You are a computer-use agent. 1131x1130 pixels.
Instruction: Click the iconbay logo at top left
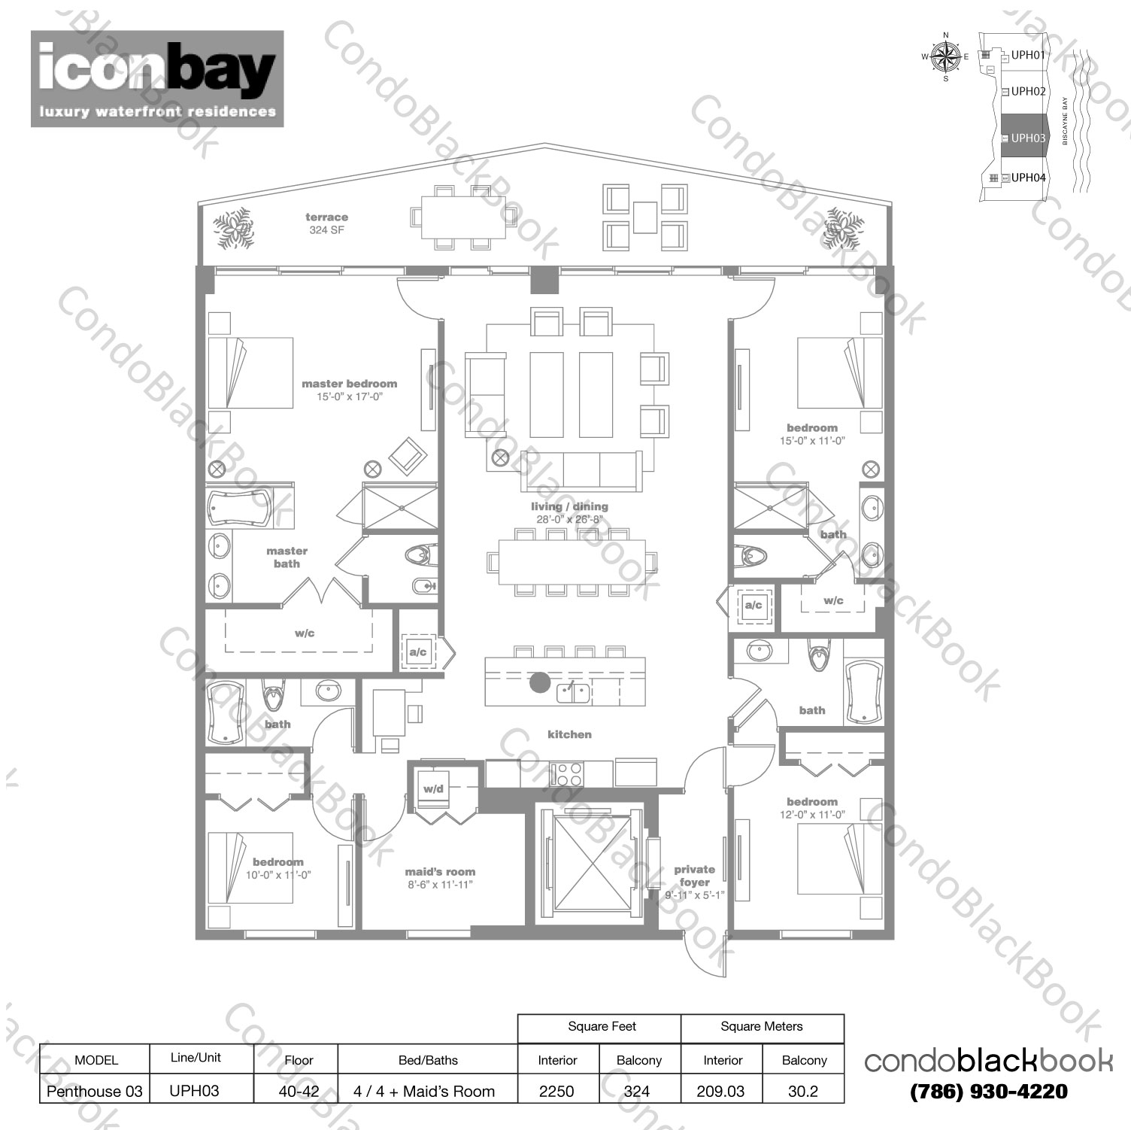156,78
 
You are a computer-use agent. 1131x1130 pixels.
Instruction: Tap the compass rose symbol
945,56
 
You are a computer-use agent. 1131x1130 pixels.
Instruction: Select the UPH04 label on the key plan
1028,178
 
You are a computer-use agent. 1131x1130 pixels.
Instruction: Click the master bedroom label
349,384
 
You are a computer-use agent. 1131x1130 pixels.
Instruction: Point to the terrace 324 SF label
326,223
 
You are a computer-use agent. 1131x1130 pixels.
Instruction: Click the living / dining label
569,506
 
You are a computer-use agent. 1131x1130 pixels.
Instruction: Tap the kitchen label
569,734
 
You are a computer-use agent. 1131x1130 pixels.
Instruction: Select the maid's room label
440,872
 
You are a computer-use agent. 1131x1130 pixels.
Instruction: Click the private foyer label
694,876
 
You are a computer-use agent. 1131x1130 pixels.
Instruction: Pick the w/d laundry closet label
433,789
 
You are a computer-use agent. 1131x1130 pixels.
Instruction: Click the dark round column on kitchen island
539,682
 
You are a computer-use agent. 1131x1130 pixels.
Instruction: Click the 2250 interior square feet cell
556,1091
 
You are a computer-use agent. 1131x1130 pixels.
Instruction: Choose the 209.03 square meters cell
720,1091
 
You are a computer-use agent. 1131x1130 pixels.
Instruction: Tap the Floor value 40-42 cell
299,1091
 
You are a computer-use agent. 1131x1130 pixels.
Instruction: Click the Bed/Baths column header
428,1060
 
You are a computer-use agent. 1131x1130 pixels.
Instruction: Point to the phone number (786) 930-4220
988,1092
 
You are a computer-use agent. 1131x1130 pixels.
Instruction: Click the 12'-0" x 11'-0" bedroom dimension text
811,815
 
